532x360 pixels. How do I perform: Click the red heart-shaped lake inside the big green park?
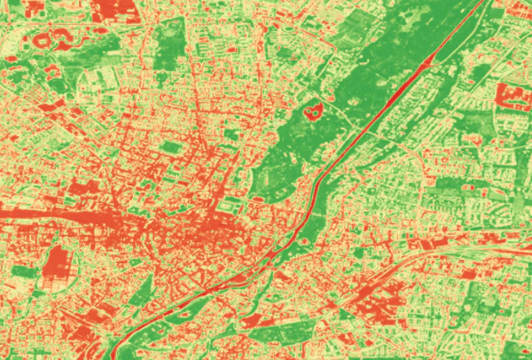(311, 113)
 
